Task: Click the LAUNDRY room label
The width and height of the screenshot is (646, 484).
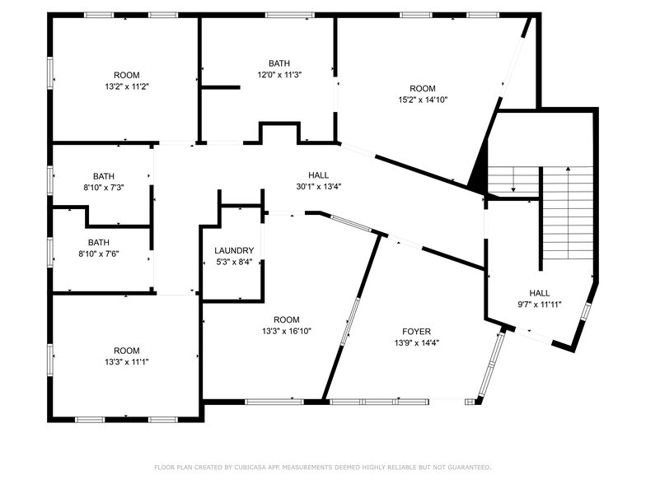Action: (x=234, y=250)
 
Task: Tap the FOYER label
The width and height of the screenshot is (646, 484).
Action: (x=417, y=332)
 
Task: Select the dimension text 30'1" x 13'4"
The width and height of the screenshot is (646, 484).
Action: (x=318, y=186)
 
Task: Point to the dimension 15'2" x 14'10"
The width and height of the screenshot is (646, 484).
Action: (x=423, y=100)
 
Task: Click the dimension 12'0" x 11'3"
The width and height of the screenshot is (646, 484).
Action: (x=279, y=75)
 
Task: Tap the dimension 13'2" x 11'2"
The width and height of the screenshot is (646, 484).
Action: (x=127, y=87)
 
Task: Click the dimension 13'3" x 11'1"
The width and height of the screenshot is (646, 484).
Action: (x=127, y=362)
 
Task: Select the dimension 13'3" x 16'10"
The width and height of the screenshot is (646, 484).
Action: (x=287, y=331)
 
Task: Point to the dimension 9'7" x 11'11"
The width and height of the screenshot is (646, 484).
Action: (x=540, y=305)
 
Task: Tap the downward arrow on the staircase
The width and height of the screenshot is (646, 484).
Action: (x=513, y=179)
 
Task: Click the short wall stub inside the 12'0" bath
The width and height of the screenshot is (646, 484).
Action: (x=221, y=87)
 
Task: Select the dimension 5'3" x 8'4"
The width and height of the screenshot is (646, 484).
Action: (x=234, y=262)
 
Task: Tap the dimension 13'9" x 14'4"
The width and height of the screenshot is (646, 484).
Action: (x=417, y=342)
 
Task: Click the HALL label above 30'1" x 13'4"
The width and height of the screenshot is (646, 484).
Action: (x=318, y=175)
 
